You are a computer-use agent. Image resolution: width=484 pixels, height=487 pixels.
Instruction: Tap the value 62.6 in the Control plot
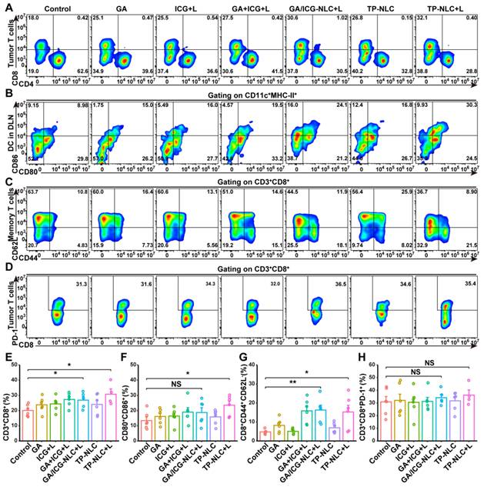tap(76, 72)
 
